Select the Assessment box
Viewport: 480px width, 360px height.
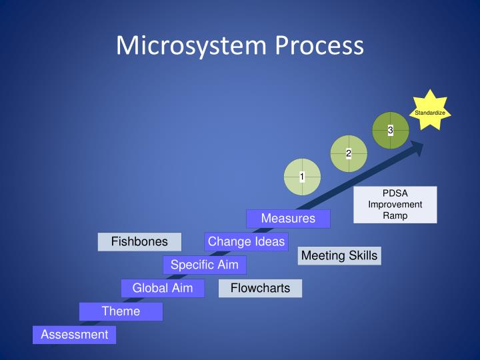click(74, 335)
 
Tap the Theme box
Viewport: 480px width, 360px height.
click(121, 311)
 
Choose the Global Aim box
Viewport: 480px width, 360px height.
click(162, 288)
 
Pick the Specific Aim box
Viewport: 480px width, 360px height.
click(204, 265)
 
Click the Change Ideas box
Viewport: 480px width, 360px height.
click(246, 241)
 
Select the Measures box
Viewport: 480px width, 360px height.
click(288, 219)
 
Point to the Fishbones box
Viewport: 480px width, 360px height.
click(139, 241)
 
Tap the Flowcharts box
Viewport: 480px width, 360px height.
click(260, 288)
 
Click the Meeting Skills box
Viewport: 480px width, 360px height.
click(339, 256)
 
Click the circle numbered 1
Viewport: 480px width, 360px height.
click(302, 177)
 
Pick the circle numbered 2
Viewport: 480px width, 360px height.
click(349, 154)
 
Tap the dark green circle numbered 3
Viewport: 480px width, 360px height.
click(391, 131)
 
